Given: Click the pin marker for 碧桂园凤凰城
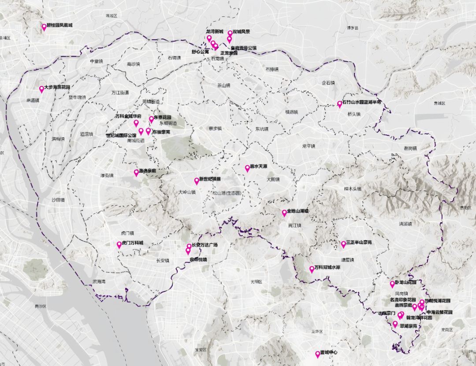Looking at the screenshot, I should (44, 27).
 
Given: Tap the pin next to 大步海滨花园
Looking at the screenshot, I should (41, 89).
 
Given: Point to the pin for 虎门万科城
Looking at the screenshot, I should (119, 245).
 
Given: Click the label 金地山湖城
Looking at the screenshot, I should (298, 211).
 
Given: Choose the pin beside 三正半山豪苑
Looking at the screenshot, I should (343, 244).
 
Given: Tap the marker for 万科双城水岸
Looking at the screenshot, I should (312, 269).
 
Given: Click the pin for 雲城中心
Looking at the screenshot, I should (317, 354).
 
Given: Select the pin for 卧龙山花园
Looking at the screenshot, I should (392, 284).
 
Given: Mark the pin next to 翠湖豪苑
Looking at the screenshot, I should (395, 324).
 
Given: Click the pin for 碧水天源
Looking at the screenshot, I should (247, 168).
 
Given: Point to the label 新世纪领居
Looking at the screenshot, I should (210, 179).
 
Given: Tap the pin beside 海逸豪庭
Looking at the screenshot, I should (136, 172).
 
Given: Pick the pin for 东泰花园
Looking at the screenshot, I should (151, 119).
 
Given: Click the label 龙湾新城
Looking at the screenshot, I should (215, 32).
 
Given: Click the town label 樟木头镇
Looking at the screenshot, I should (353, 189).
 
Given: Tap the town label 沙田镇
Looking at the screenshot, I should (58, 200).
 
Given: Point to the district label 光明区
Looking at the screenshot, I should (256, 281).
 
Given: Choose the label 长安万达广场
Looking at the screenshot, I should (205, 245).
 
